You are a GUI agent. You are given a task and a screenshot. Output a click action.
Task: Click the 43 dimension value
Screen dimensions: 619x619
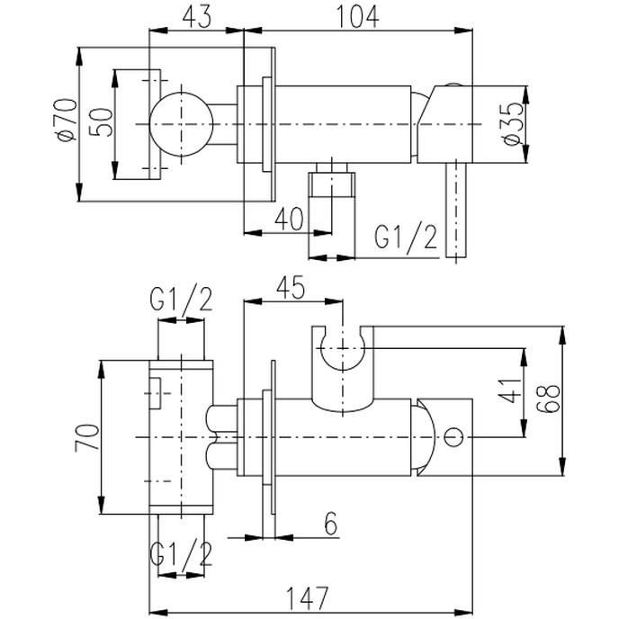tap(197, 17)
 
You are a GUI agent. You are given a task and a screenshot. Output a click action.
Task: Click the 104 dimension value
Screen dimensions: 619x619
tap(357, 17)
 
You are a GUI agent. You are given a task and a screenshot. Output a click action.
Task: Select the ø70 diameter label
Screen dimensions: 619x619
tap(66, 120)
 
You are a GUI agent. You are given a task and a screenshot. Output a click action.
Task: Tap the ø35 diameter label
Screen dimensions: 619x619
tap(514, 124)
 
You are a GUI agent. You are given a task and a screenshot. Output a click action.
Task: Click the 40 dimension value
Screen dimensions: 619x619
tap(290, 219)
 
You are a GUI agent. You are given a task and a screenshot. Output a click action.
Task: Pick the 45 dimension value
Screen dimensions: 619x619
tap(290, 287)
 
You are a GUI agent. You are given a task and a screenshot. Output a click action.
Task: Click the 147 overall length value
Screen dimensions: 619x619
tap(307, 598)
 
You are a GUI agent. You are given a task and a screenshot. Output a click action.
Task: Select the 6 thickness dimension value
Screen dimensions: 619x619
tap(331, 524)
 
